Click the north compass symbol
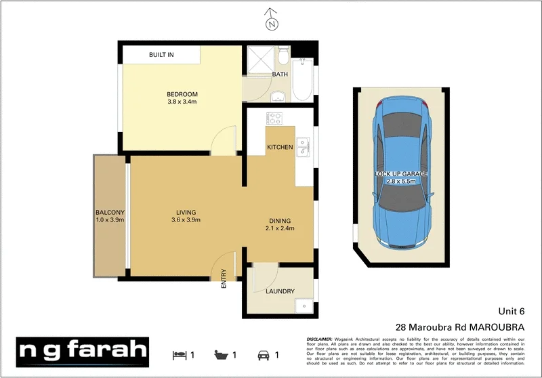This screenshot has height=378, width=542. click(272, 22)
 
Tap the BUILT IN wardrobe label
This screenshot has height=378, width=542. click(161, 54)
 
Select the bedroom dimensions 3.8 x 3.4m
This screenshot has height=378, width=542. click(182, 102)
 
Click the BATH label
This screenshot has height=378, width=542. click(280, 74)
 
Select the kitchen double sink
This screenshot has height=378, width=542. click(302, 146)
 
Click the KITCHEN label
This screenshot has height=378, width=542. click(280, 147)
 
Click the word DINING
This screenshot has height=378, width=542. click(279, 221)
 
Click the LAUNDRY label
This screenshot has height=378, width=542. click(280, 292)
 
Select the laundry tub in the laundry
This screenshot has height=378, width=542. click(306, 306)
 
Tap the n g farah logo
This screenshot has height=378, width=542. click(83, 350)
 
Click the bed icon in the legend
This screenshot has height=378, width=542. click(179, 354)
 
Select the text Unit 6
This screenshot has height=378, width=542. click(512, 312)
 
